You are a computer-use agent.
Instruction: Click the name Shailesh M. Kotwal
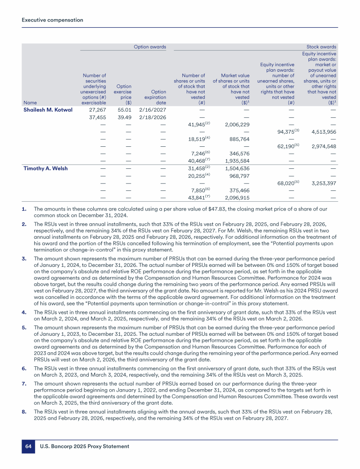tap(48, 110)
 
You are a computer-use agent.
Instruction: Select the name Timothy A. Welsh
tap(45, 168)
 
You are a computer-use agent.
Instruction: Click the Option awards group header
tap(146, 47)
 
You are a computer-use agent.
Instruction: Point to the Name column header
tap(30, 103)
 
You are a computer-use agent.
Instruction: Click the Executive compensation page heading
tap(52, 20)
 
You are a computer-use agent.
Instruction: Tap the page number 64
tap(28, 446)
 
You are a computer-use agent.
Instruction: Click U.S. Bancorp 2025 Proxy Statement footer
tap(84, 446)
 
